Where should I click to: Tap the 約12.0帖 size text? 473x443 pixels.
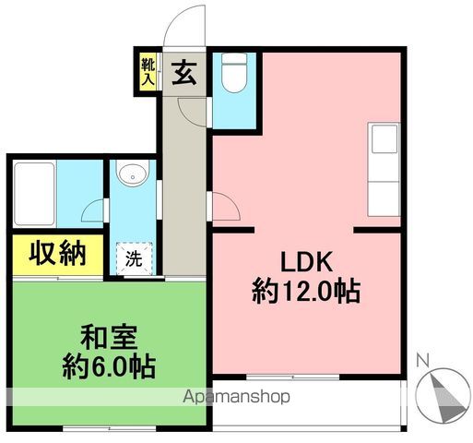click(x=305, y=293)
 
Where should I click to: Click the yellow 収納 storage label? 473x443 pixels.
click(x=52, y=252)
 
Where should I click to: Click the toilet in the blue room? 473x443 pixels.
click(x=234, y=75)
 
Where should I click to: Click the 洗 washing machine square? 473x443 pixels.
click(x=133, y=259)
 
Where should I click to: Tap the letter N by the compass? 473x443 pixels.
click(x=421, y=361)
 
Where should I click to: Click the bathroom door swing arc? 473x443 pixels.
click(x=92, y=210)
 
